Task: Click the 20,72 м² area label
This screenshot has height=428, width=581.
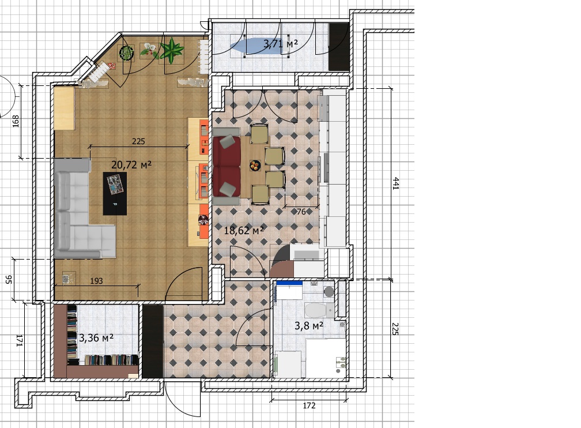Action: [131, 164]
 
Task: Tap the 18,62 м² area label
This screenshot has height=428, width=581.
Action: [244, 230]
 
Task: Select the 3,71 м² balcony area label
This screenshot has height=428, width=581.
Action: [281, 44]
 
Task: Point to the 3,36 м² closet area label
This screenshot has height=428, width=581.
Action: [96, 338]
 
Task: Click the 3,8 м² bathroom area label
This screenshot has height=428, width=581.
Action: [309, 326]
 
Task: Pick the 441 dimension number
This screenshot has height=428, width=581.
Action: [396, 183]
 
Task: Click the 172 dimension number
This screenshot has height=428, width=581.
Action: [309, 406]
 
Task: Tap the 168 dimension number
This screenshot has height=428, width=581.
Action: [16, 121]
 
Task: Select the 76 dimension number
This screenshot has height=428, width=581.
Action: [301, 212]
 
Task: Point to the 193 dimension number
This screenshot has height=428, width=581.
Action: [96, 281]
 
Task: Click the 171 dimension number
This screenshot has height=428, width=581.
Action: [20, 341]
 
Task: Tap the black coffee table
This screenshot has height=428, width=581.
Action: [115, 194]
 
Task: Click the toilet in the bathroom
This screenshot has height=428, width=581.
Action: [318, 310]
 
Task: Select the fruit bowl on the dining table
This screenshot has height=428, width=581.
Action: [255, 165]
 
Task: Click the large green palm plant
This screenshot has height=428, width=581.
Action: [172, 50]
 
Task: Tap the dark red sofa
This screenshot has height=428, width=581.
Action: [227, 166]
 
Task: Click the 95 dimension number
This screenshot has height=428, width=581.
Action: [9, 280]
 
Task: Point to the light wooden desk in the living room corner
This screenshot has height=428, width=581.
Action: [65, 107]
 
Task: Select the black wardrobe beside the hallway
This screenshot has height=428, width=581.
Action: [153, 341]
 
